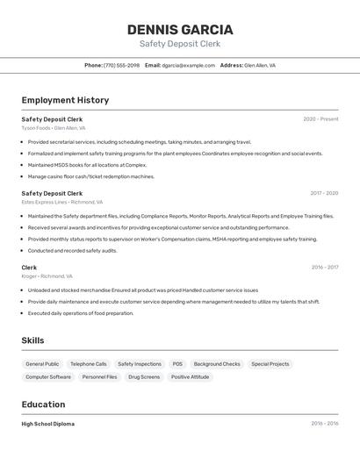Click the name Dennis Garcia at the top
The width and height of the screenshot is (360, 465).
[180, 30]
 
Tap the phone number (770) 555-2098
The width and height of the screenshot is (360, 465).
[121, 65]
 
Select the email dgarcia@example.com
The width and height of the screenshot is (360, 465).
[188, 65]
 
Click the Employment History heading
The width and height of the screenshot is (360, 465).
[65, 100]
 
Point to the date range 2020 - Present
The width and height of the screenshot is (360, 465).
[320, 119]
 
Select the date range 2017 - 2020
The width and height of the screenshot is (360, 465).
[324, 193]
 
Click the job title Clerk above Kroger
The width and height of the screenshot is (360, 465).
[29, 268]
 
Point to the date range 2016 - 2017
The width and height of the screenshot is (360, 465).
[324, 268]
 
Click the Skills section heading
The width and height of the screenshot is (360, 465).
[32, 340]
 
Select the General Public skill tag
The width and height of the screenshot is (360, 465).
[42, 364]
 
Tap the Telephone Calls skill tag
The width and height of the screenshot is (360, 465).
[89, 364]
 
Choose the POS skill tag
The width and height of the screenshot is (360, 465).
[177, 364]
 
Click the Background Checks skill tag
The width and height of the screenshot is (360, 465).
[217, 364]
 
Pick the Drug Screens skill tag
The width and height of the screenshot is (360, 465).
[144, 377]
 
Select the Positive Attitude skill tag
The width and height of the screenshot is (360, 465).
[190, 377]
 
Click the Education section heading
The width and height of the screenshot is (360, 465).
[43, 404]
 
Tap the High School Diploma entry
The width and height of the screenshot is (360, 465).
[48, 424]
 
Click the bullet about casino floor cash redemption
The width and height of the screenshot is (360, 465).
[91, 176]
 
